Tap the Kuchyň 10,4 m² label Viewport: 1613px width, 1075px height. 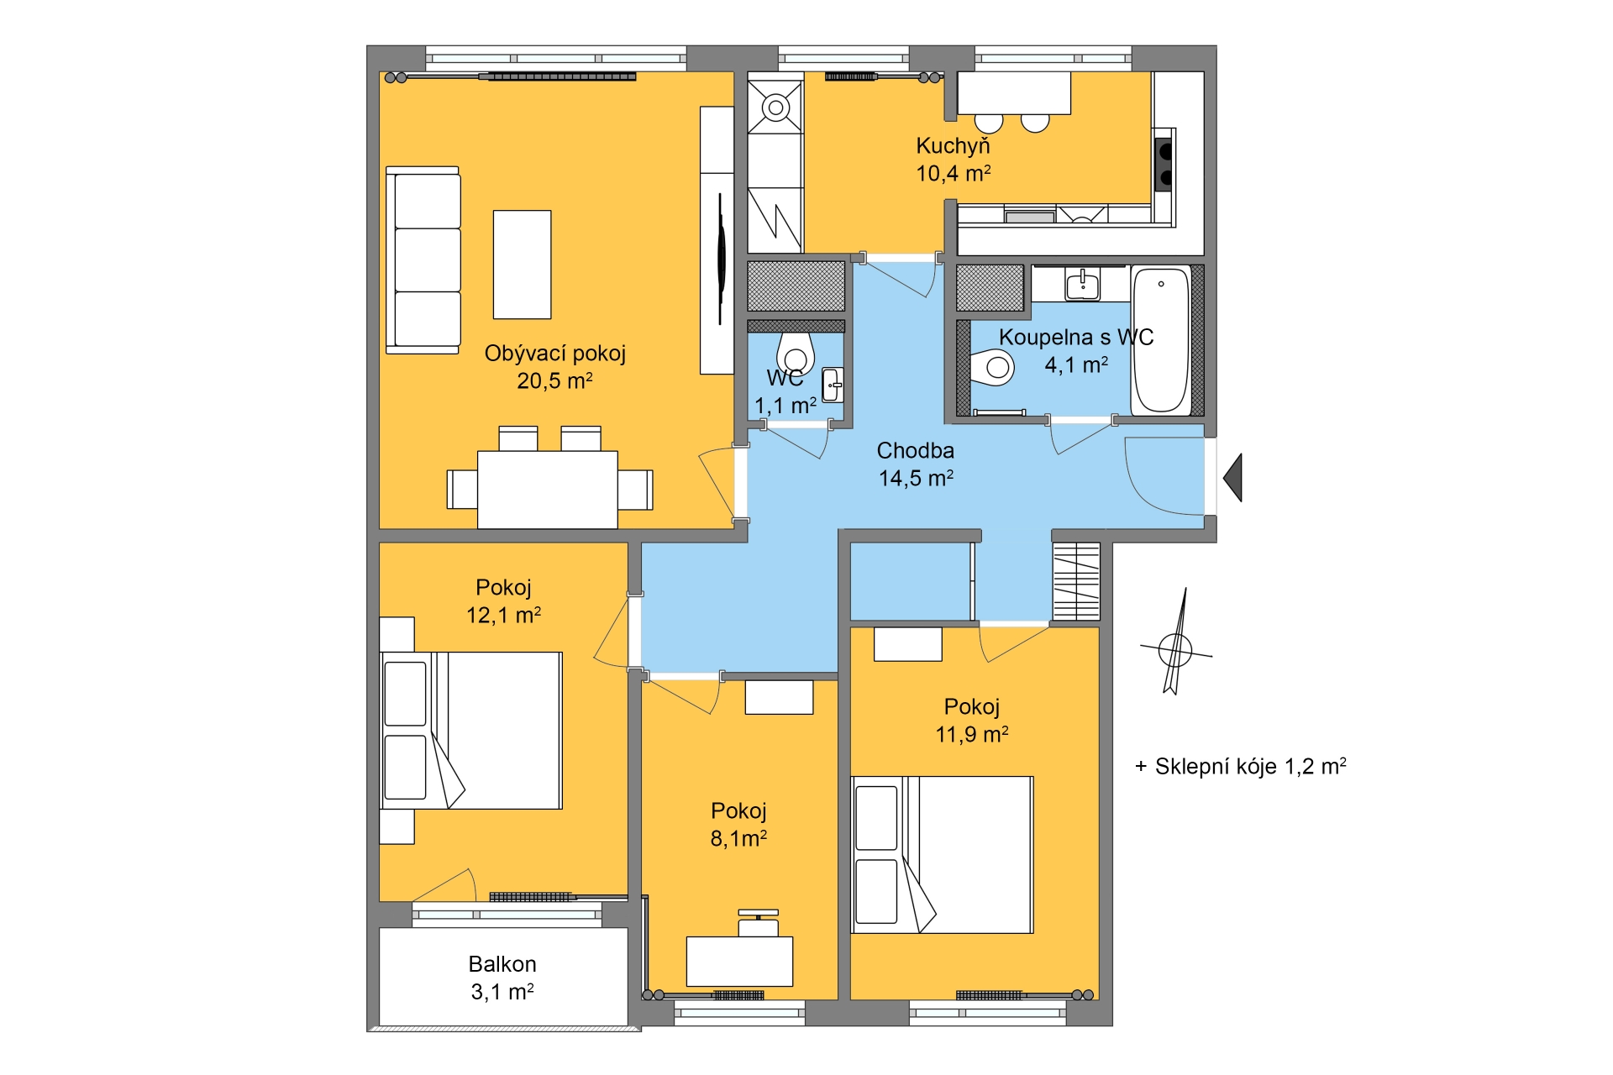[x=954, y=160]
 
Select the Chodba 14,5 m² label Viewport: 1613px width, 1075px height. [x=916, y=464]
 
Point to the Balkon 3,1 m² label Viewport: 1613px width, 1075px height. [x=502, y=978]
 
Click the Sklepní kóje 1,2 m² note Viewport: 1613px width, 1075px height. [x=1240, y=766]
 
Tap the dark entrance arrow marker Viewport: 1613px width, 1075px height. [x=1232, y=477]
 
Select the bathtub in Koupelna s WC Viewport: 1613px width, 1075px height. [x=1161, y=340]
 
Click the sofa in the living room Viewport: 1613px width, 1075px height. [x=423, y=260]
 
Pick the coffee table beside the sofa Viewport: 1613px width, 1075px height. [x=522, y=265]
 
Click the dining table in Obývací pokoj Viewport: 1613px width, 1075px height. [x=548, y=490]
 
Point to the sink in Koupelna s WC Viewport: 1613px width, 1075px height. [x=1082, y=285]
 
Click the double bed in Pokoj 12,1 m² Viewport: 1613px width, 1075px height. [x=471, y=731]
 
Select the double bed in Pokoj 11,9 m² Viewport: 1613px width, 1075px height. [x=943, y=855]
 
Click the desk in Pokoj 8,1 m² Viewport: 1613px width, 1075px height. [x=739, y=962]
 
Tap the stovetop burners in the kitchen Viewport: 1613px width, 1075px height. [x=1164, y=164]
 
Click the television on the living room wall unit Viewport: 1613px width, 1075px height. [x=721, y=258]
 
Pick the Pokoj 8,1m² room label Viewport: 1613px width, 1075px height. [x=739, y=824]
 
